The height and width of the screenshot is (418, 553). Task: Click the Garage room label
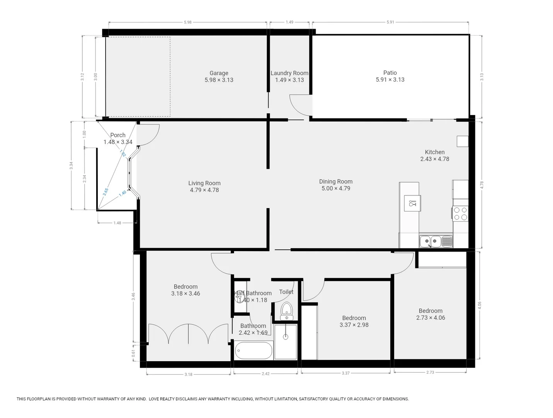coord(219,73)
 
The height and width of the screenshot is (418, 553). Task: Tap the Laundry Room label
coord(289,73)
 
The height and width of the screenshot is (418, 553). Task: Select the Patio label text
coord(390,73)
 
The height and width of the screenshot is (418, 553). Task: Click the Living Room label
coord(204,183)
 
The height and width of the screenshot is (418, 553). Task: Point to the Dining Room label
coord(335,182)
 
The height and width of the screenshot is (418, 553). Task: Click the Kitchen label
coord(434,152)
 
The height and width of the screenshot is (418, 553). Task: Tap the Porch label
coord(118,135)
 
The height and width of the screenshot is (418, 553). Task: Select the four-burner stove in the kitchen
coord(460,214)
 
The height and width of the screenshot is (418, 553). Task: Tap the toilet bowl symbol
coord(286,310)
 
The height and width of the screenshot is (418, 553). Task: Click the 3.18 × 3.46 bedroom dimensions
coord(185,294)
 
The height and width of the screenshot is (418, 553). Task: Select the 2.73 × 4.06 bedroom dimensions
coord(430,318)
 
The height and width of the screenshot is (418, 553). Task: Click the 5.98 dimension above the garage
coord(187,22)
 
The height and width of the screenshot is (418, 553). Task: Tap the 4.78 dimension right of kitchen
coord(482,185)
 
